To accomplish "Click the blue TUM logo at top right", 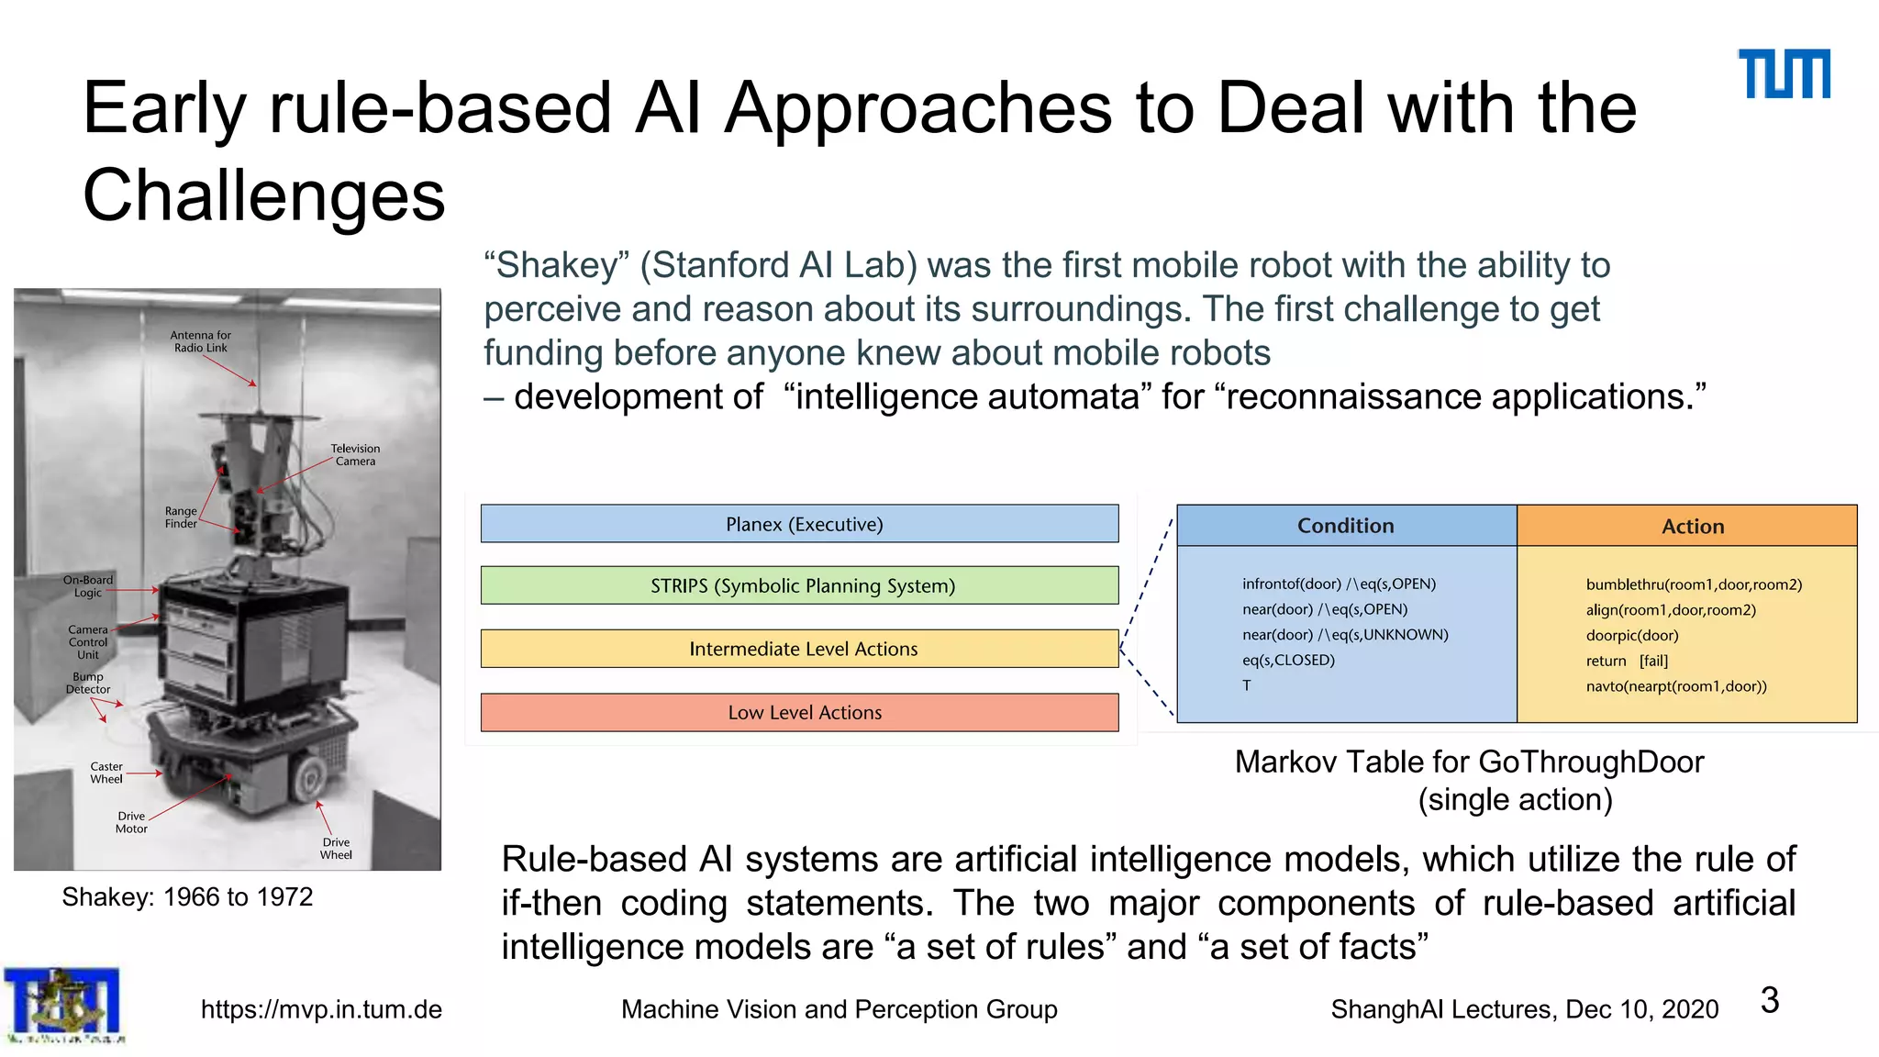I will click(x=1784, y=73).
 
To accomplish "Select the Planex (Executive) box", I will click(x=799, y=524).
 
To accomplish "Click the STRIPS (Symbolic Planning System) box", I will click(x=799, y=585).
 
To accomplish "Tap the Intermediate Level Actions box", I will click(x=799, y=649).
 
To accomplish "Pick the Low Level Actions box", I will click(x=799, y=712).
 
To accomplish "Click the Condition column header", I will click(x=1345, y=526).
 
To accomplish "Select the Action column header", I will click(x=1692, y=527).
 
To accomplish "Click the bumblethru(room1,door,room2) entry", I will click(x=1694, y=584).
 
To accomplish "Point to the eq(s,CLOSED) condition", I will click(x=1288, y=660).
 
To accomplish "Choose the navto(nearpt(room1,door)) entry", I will click(x=1675, y=686).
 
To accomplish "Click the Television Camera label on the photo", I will click(x=355, y=455).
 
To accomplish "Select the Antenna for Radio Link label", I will click(x=200, y=341).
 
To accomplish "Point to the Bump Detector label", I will click(x=88, y=683).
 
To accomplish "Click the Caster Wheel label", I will click(x=106, y=773).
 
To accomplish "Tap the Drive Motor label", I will click(x=131, y=822).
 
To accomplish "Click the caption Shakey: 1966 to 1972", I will click(x=187, y=896).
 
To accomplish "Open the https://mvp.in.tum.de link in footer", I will click(x=321, y=1009).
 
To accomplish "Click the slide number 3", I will click(x=1770, y=1000).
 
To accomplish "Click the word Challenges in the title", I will click(x=263, y=195).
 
